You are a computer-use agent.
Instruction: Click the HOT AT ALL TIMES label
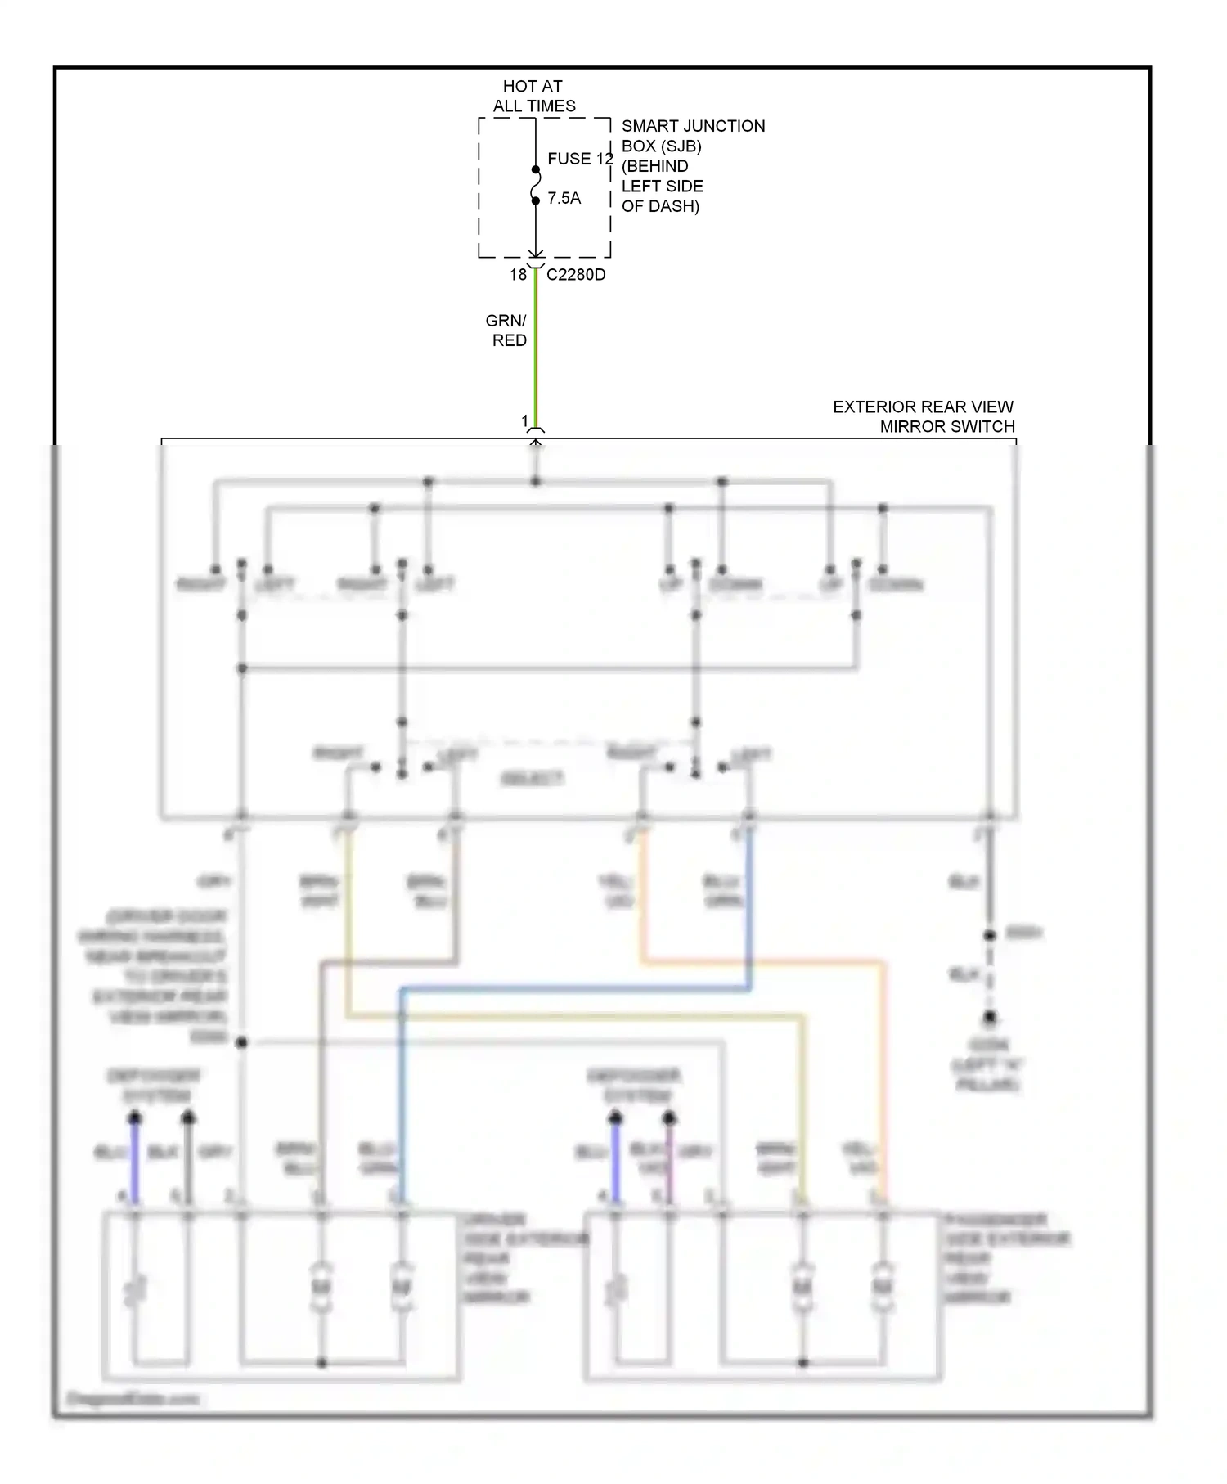pyautogui.click(x=533, y=96)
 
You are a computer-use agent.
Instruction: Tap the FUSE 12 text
pyautogui.click(x=580, y=159)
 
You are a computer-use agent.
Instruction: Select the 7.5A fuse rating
pyautogui.click(x=564, y=198)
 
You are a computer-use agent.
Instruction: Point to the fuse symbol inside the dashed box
pyautogui.click(x=536, y=186)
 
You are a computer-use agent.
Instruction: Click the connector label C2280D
pyautogui.click(x=576, y=275)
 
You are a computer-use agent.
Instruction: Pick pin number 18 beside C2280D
pyautogui.click(x=518, y=275)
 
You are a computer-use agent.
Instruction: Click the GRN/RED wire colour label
pyautogui.click(x=507, y=331)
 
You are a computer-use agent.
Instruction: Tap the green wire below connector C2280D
pyautogui.click(x=536, y=352)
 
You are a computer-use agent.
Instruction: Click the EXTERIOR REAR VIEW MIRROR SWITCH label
pyautogui.click(x=924, y=416)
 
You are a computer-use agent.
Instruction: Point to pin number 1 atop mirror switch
pyautogui.click(x=525, y=421)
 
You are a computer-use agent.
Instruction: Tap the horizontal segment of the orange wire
pyautogui.click(x=761, y=962)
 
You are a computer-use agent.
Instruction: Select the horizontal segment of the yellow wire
pyautogui.click(x=573, y=1017)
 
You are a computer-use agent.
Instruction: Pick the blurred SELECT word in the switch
pyautogui.click(x=532, y=779)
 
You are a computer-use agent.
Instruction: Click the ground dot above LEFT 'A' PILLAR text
pyautogui.click(x=990, y=1018)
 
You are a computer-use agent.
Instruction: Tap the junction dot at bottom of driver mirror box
pyautogui.click(x=321, y=1363)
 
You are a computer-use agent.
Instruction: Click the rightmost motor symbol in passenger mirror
pyautogui.click(x=882, y=1287)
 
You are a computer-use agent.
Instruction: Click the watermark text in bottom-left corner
pyautogui.click(x=133, y=1399)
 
